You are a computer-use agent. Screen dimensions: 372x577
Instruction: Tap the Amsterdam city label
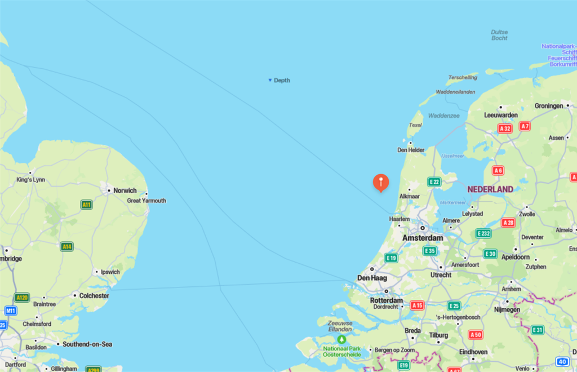click(x=423, y=238)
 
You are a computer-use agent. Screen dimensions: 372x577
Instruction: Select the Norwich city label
click(x=125, y=191)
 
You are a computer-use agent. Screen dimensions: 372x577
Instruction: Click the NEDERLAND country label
click(x=490, y=189)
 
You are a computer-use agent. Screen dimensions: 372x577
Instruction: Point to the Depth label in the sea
click(x=281, y=81)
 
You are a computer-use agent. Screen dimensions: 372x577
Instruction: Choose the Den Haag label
click(x=372, y=278)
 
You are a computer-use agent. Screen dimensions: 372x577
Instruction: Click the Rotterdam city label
click(x=387, y=300)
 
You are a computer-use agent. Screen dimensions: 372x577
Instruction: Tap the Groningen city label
click(x=548, y=106)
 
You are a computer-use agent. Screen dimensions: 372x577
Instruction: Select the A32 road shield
click(x=504, y=129)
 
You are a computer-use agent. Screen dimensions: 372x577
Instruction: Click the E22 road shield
click(x=434, y=181)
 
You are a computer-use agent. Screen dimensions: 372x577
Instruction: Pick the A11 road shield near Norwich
click(x=86, y=205)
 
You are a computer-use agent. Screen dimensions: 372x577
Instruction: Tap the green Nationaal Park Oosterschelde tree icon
click(x=341, y=339)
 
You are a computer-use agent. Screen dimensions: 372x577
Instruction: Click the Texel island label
click(x=415, y=125)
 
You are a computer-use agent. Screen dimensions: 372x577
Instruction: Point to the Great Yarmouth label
click(x=147, y=201)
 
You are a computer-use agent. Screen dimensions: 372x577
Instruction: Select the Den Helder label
click(x=411, y=150)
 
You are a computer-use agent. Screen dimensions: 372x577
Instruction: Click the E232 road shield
click(x=483, y=233)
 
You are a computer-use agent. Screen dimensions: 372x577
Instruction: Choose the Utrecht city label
click(x=441, y=275)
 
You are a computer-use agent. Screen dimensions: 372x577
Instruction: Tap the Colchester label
click(x=94, y=295)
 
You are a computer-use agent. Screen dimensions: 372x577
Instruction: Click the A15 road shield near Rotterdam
click(x=417, y=305)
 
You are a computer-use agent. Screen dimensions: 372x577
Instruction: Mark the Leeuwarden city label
click(x=500, y=115)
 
